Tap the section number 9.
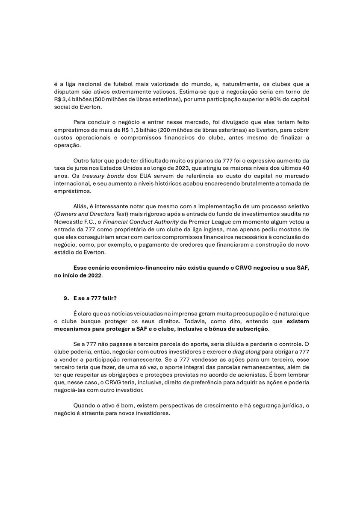coord(65,300)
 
